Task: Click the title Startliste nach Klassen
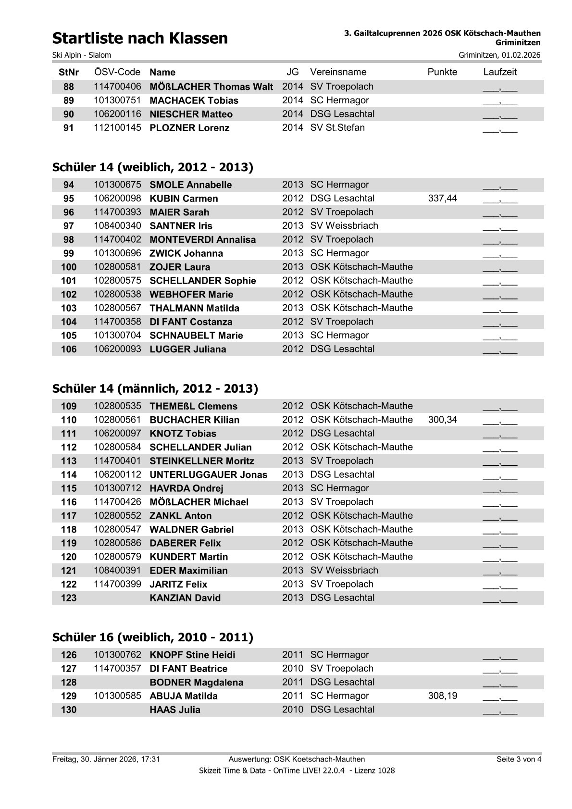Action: point(140,38)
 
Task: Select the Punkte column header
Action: point(442,72)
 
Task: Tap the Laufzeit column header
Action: point(500,72)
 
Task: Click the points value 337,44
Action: point(442,199)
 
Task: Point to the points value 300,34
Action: point(442,420)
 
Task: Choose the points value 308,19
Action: point(442,696)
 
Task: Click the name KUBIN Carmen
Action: point(184,199)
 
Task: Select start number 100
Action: point(69,267)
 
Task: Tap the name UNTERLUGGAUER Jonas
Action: point(208,475)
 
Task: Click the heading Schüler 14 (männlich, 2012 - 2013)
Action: point(155,388)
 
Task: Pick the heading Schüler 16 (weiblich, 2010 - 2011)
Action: point(153,637)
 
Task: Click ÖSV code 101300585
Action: point(117,696)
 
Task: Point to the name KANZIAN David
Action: point(185,598)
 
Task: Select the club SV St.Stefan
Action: point(337,128)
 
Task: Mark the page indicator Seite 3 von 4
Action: point(519,759)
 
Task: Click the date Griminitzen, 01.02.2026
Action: point(499,55)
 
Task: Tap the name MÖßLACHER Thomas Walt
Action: point(211,87)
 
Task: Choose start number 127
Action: point(69,669)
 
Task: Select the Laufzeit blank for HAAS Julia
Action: point(500,710)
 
